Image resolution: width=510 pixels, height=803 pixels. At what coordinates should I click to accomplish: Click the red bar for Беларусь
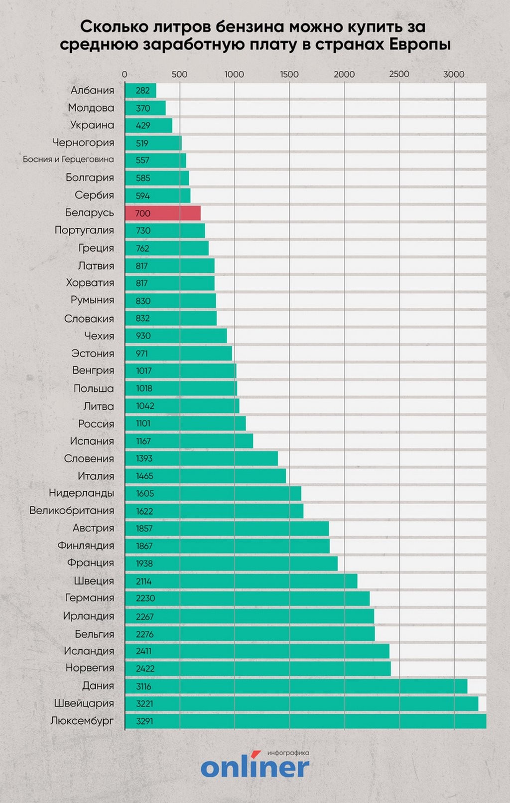(162, 213)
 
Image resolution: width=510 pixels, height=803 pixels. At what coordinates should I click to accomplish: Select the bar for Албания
(140, 91)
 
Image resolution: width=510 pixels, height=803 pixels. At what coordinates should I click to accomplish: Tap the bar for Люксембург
(305, 721)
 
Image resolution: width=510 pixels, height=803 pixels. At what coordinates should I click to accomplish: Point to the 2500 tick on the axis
(399, 74)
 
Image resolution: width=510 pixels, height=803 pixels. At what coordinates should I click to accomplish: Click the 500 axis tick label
(179, 74)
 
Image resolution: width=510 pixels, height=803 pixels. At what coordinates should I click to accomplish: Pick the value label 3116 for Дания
(143, 686)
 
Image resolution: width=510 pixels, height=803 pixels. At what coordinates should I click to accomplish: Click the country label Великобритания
(72, 510)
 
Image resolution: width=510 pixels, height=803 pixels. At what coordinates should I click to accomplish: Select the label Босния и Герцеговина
(68, 160)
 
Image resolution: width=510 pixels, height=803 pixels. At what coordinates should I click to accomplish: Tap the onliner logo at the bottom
(255, 767)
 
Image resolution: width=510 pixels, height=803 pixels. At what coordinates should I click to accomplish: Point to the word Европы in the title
(419, 44)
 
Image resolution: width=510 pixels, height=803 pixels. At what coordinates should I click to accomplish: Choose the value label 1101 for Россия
(143, 423)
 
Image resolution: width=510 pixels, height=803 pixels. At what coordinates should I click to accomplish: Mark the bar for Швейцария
(301, 703)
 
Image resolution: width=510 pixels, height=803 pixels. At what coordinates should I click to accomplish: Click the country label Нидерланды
(81, 493)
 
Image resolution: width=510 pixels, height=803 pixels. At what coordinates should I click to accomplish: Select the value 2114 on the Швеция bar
(143, 581)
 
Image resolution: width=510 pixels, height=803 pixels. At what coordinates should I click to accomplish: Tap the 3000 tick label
(454, 74)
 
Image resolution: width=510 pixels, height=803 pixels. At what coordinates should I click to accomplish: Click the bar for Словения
(201, 458)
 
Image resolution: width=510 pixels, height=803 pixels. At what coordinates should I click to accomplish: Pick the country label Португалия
(84, 230)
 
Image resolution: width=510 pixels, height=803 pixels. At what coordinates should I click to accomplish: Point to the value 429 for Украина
(142, 125)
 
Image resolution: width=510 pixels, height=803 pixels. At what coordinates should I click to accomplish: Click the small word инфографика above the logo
(288, 753)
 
